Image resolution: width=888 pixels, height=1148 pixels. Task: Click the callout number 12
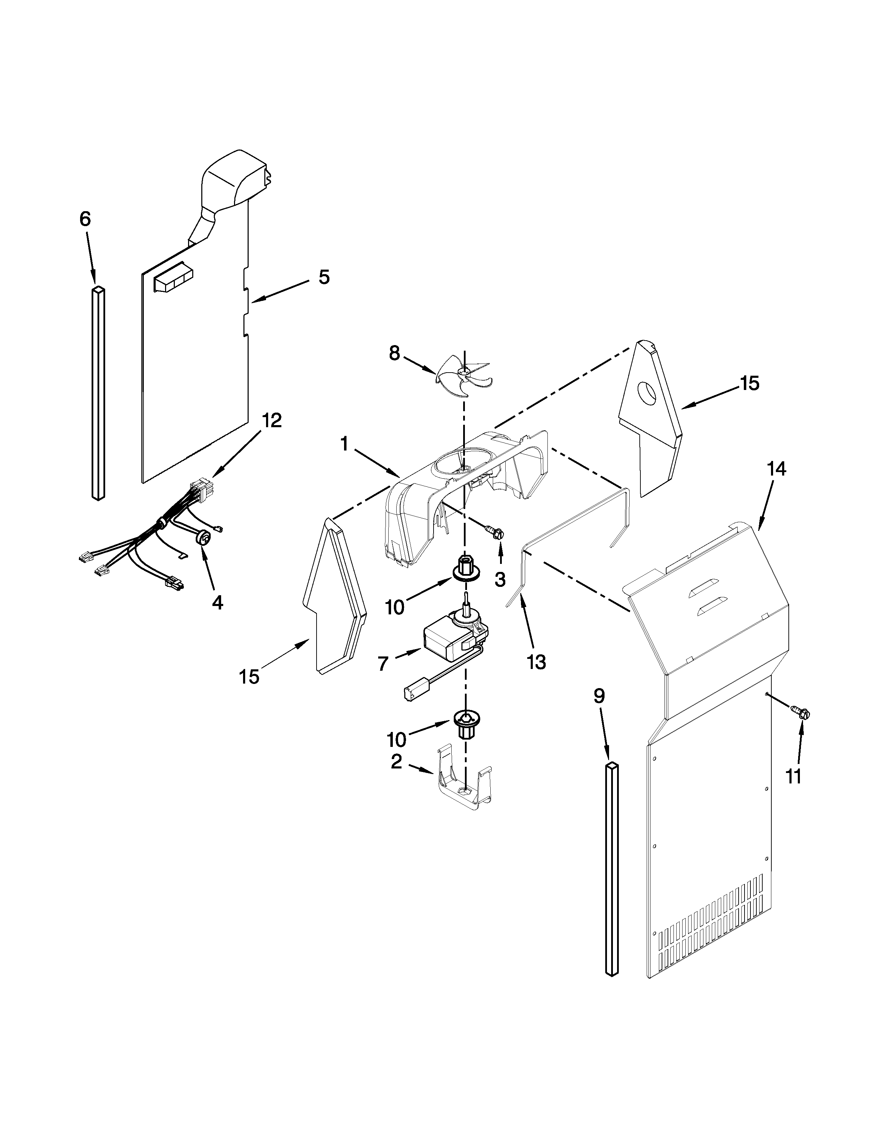(272, 421)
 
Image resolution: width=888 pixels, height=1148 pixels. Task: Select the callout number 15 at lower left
(249, 677)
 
